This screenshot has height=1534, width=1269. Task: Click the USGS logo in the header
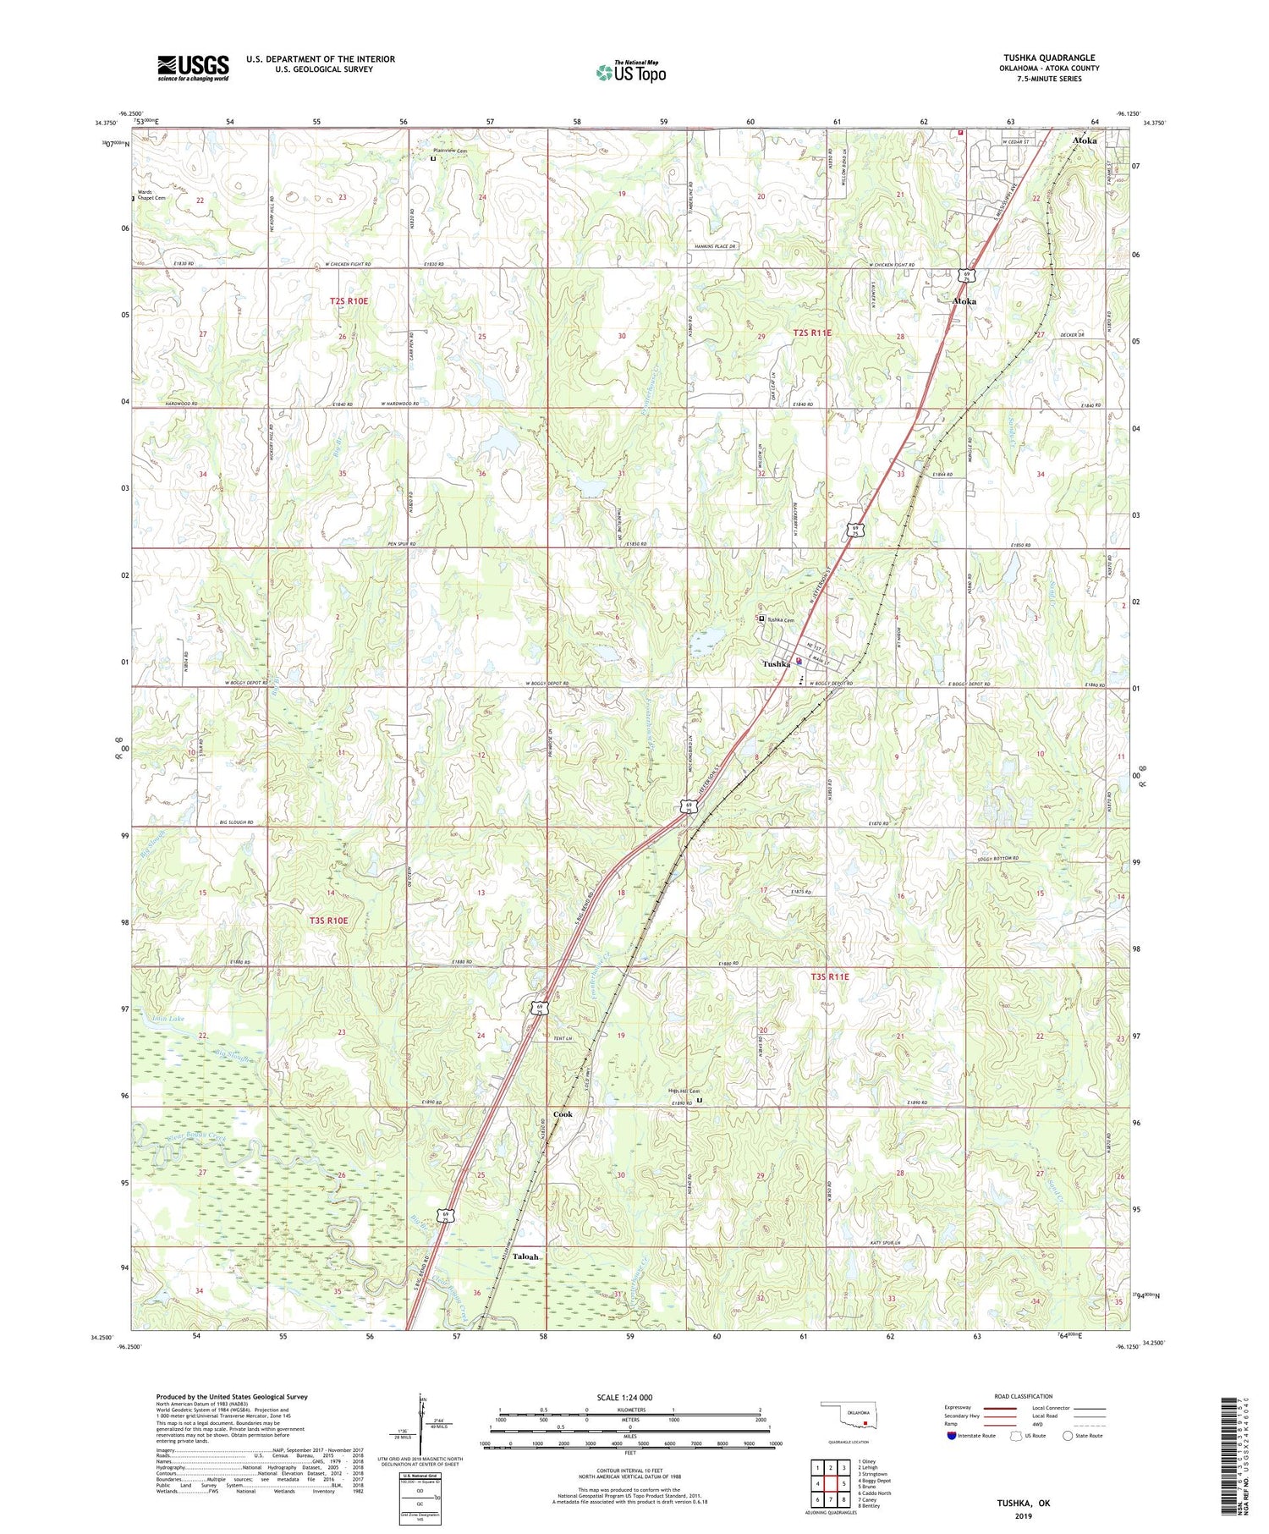click(193, 68)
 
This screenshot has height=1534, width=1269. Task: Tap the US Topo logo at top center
click(630, 73)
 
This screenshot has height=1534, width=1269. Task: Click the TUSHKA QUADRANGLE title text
click(1047, 58)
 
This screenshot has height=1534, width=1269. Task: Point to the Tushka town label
click(777, 664)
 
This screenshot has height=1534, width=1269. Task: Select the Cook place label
click(563, 1114)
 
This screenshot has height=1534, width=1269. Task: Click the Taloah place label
click(525, 1256)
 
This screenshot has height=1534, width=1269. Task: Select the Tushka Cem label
click(782, 619)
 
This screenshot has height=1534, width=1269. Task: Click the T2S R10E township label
click(349, 300)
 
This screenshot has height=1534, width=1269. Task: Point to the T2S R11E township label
click(812, 333)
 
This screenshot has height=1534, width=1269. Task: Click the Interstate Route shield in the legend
click(953, 1436)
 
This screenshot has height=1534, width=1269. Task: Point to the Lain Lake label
click(168, 1020)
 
